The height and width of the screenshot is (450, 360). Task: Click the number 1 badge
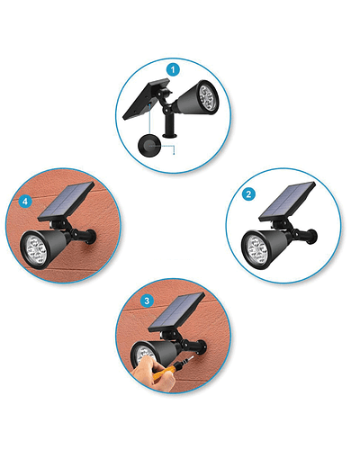tap(173, 70)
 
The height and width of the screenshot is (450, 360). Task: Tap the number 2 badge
tap(248, 194)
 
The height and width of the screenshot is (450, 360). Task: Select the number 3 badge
tap(147, 301)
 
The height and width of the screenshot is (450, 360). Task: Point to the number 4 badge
tap(25, 202)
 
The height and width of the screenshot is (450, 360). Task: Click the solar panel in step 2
tap(287, 201)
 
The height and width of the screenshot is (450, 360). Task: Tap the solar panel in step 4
tap(67, 201)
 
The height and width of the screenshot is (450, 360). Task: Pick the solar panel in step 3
tap(176, 312)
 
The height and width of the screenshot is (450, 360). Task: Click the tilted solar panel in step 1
tap(146, 99)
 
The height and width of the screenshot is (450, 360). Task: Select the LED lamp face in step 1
tap(208, 97)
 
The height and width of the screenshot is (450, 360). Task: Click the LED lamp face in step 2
tap(255, 249)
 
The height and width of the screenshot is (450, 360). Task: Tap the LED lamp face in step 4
tap(34, 249)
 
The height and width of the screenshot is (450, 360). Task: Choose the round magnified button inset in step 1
tap(149, 146)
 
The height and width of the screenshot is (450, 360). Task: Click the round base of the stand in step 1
tap(170, 136)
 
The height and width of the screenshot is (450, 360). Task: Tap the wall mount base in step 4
tap(91, 237)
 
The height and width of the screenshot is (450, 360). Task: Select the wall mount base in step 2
tap(312, 237)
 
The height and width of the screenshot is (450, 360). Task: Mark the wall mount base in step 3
tap(202, 347)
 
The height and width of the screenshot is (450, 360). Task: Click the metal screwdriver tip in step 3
tap(188, 359)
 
